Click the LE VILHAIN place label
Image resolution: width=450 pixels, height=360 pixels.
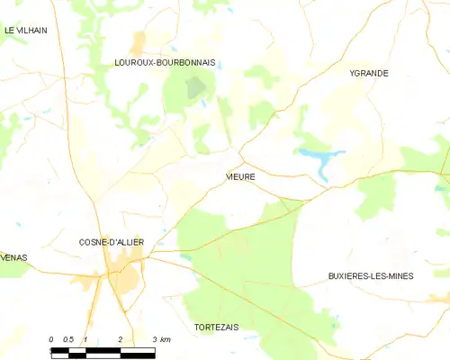click(x=25, y=30)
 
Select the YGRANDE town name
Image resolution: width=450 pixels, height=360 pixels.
click(x=369, y=73)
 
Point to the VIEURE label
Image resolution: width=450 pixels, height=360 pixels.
click(x=240, y=176)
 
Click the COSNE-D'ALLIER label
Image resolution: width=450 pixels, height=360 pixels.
click(x=112, y=242)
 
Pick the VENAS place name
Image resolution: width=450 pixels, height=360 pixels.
click(x=14, y=257)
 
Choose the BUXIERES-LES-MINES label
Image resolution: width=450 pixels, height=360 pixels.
click(x=371, y=276)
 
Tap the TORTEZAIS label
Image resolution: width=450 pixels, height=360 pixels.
click(x=216, y=327)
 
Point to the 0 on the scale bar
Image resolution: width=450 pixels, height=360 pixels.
click(x=52, y=338)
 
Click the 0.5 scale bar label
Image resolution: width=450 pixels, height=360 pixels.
click(x=67, y=338)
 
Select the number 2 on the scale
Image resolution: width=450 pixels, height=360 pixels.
click(x=120, y=338)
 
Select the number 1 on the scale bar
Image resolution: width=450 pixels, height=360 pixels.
click(x=85, y=338)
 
